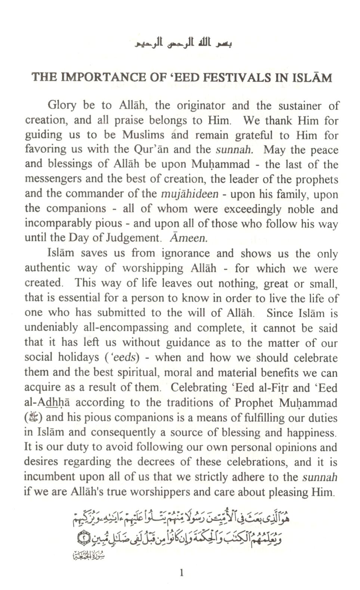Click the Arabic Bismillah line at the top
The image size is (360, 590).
click(180, 44)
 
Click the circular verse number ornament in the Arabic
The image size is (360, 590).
click(81, 538)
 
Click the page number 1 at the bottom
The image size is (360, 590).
click(181, 572)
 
